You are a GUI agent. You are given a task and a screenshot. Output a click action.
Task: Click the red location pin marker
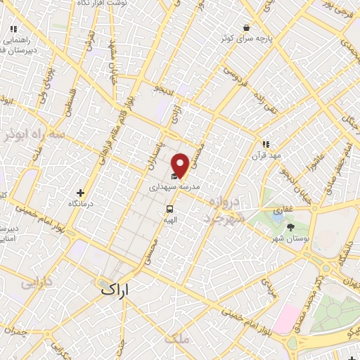[x=180, y=165]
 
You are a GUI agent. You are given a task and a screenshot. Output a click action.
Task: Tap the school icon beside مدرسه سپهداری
[x=174, y=177]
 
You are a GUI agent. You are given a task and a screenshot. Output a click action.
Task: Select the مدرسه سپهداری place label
[x=175, y=188]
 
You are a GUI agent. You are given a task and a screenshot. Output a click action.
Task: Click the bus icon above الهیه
[x=169, y=209]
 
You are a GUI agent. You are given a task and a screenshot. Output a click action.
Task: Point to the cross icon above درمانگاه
[x=82, y=193]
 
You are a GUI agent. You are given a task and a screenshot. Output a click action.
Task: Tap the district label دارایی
[x=36, y=283]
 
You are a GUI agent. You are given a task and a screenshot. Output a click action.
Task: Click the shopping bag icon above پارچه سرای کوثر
[x=246, y=28]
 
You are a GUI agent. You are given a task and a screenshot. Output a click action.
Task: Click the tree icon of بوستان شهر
[x=291, y=226]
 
